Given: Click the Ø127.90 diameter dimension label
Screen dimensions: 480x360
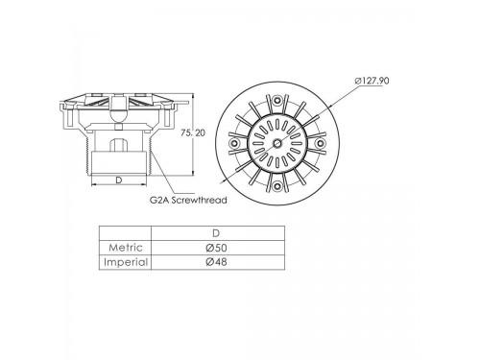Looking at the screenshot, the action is click(372, 81).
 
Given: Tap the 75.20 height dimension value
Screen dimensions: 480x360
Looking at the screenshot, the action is click(193, 132).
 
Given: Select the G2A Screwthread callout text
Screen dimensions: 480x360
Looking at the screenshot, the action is click(188, 200).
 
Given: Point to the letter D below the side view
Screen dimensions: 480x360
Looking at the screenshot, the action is click(119, 180).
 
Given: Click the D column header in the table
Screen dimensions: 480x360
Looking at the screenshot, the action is click(216, 233).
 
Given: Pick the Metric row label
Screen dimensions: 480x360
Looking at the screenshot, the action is click(126, 248).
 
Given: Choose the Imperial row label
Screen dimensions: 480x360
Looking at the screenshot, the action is click(126, 262).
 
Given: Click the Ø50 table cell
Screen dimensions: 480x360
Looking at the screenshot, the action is click(216, 248).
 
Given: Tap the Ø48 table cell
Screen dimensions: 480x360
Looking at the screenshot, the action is click(216, 262).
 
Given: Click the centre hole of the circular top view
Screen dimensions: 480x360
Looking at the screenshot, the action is click(277, 143).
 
